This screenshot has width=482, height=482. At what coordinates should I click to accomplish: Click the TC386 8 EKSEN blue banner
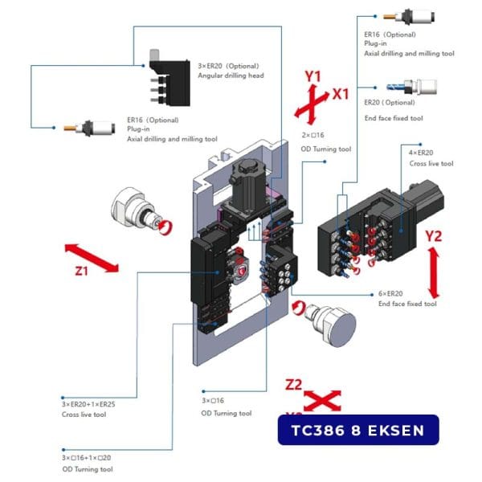coord(358,430)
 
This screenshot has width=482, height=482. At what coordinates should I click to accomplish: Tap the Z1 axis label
coord(80,272)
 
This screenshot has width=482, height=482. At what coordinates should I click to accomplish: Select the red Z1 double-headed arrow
coord(92,255)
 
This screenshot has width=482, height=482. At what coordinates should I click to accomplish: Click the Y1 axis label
coord(312,77)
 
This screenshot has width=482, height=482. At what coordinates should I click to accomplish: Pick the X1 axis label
coord(341,94)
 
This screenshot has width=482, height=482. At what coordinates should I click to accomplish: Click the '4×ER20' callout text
coord(420,153)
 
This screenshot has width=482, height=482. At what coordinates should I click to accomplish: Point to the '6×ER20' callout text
coord(394,293)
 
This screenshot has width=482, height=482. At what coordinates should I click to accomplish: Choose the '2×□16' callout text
coord(313,136)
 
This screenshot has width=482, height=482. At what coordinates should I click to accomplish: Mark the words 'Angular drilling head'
coord(231,76)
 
